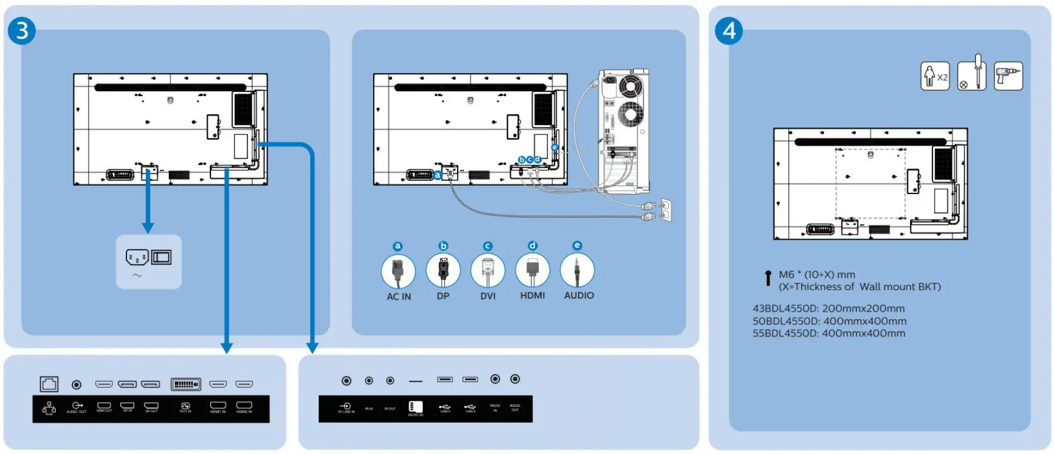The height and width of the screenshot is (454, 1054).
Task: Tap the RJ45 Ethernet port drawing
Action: click(x=49, y=384)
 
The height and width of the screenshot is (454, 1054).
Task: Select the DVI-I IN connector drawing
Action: click(x=185, y=384)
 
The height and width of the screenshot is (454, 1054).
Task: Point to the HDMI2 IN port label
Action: click(x=244, y=408)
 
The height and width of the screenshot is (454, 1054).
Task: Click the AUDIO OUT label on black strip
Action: click(x=76, y=408)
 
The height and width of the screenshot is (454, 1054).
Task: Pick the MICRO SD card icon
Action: click(x=415, y=408)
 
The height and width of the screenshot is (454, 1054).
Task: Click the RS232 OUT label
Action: click(x=515, y=408)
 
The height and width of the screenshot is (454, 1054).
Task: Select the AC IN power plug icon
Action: click(x=398, y=270)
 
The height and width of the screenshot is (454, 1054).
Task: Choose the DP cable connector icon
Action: click(x=443, y=270)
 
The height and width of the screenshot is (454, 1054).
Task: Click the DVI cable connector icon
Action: click(x=488, y=270)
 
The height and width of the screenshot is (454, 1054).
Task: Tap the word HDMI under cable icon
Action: click(x=532, y=296)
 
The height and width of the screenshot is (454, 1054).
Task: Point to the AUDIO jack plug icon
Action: click(x=577, y=270)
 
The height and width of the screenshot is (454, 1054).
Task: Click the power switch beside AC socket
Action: click(x=161, y=257)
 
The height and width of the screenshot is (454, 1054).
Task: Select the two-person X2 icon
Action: click(x=934, y=77)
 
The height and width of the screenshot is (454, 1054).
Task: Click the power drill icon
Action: click(x=1008, y=76)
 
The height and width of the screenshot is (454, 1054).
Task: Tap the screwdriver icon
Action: click(x=971, y=77)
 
